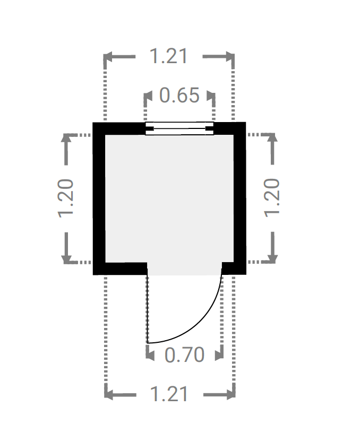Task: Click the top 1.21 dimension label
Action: [168, 56]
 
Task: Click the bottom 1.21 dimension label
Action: [169, 394]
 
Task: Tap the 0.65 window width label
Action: [179, 95]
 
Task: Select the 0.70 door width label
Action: [184, 354]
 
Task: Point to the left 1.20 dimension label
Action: [66, 198]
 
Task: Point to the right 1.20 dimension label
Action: [272, 198]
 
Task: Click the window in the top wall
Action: [179, 128]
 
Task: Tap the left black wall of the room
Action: [99, 198]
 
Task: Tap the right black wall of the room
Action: [240, 198]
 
